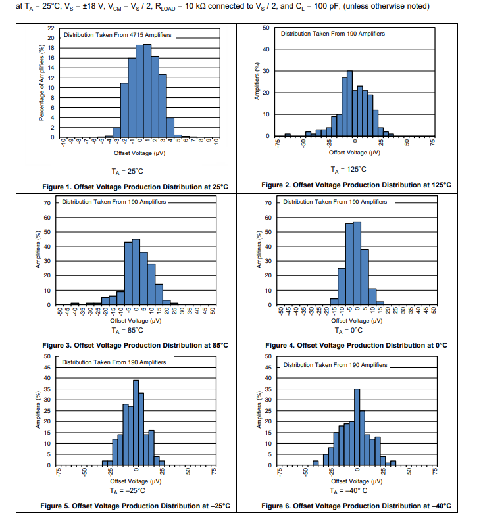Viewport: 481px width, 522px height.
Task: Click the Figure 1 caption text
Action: click(135, 187)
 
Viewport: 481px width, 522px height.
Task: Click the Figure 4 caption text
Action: click(356, 345)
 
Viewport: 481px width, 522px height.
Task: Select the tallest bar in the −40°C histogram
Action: click(357, 427)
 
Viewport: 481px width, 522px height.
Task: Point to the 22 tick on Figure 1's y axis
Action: click(51, 29)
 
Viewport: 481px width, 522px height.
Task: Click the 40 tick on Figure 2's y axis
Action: click(266, 49)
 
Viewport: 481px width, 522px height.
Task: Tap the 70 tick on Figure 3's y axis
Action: click(47, 202)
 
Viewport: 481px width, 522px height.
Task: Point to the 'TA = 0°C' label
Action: click(355, 330)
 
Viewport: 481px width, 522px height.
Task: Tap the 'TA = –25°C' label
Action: click(135, 490)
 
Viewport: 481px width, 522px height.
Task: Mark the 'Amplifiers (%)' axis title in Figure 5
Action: click(38, 411)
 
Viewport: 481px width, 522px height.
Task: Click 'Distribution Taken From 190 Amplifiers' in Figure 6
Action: click(335, 364)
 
